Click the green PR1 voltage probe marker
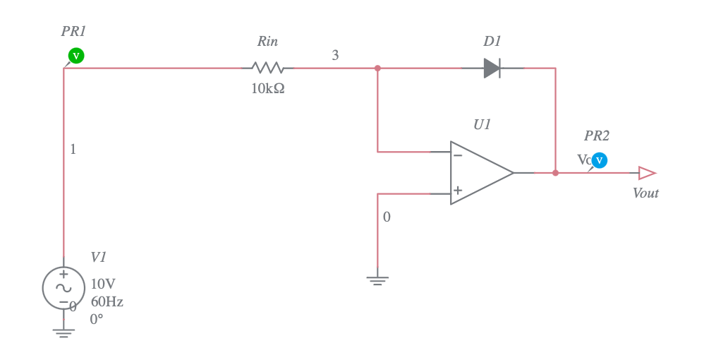coord(76,56)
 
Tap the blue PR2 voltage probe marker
coord(599,160)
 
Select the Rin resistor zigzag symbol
coord(267,68)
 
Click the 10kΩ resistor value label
coord(268,89)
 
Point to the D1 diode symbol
coord(492,68)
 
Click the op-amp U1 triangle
coord(480,173)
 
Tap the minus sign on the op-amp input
coord(458,155)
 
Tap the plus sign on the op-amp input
coord(458,191)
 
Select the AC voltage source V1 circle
coord(63,288)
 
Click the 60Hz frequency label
coord(107,302)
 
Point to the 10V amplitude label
coord(103,284)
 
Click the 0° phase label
coord(97,319)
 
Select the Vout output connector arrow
coord(646,173)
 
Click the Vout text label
coord(645,193)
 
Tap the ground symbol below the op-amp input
coord(377,280)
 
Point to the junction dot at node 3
coord(377,68)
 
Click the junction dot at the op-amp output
coord(555,173)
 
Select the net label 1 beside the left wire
coord(73,150)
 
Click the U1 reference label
coord(482,125)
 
